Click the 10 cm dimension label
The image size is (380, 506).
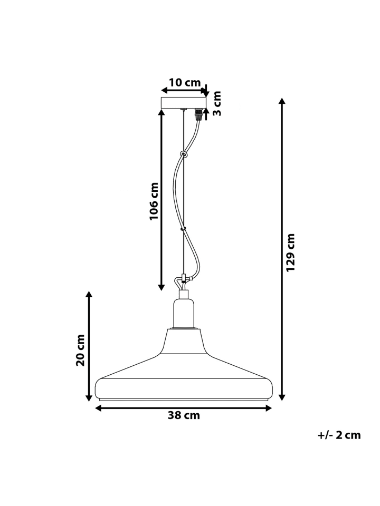point(185,83)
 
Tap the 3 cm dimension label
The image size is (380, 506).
point(217,103)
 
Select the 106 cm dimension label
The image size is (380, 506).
point(154,201)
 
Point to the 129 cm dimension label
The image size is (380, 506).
point(291,252)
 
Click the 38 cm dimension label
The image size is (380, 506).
point(184,415)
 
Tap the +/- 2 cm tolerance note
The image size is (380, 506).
point(339,435)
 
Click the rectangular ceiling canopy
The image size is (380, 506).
point(184,103)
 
